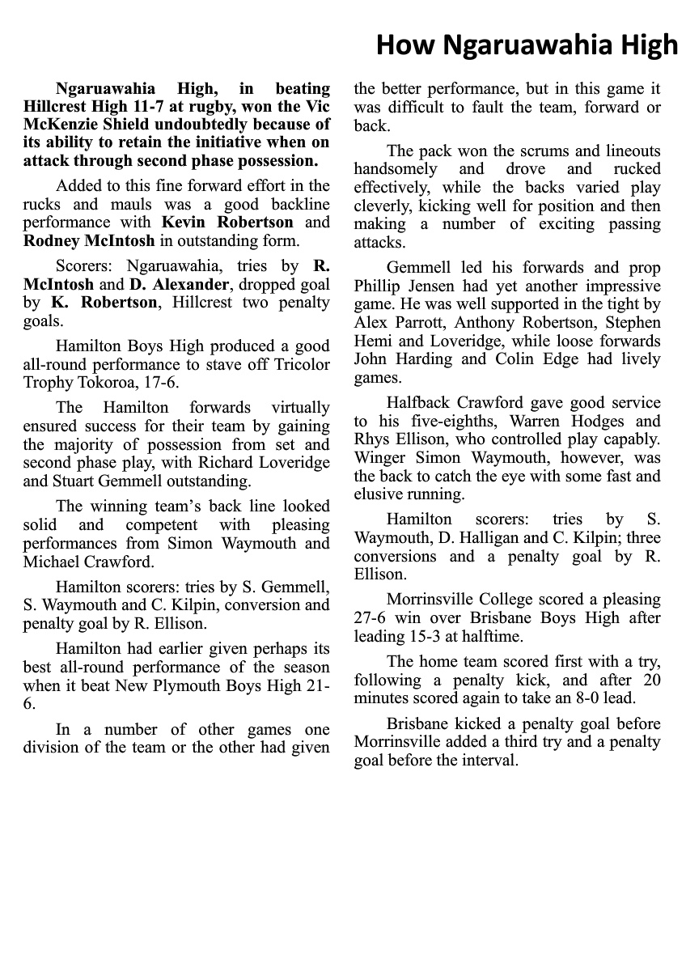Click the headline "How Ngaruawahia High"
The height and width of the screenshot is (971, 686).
click(527, 45)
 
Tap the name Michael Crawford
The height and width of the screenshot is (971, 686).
click(70, 562)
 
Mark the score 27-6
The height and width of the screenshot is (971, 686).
click(373, 618)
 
